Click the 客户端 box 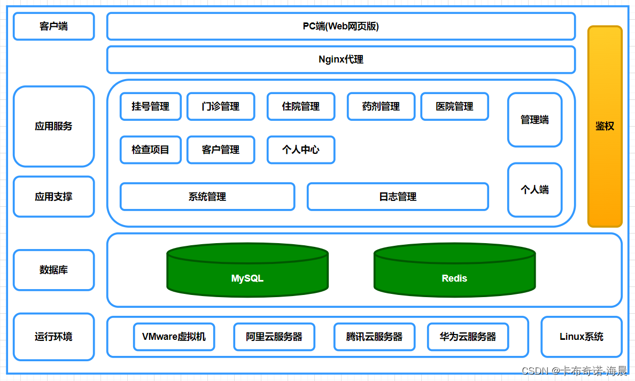point(53,26)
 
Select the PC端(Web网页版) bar point(340,26)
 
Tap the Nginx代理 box point(340,59)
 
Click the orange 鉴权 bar point(605,127)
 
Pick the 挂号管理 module point(150,106)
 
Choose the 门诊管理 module point(220,106)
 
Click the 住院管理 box point(300,106)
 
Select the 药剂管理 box point(381,106)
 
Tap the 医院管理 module point(454,106)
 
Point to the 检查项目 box point(150,150)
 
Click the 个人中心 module point(300,150)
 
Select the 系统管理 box point(207,197)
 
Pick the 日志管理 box point(397,197)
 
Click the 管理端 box point(535,120)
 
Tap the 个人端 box point(535,190)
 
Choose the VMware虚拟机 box point(174,337)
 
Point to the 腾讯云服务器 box point(374,337)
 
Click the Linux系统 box point(581,337)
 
